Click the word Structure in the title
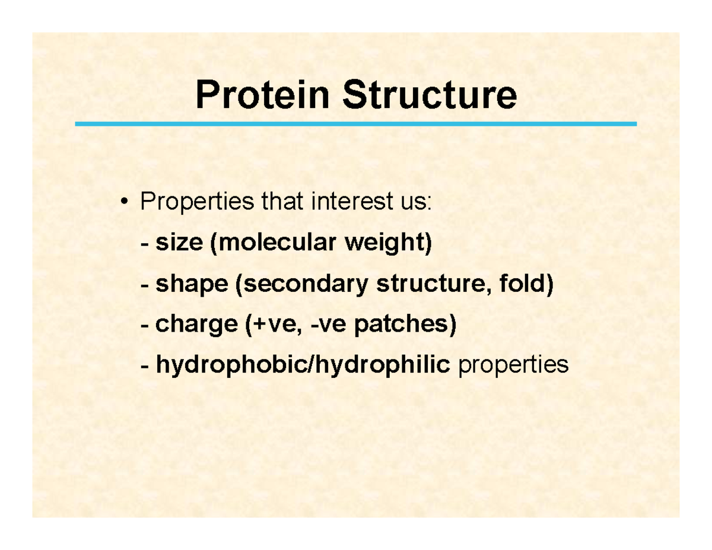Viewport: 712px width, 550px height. click(x=428, y=96)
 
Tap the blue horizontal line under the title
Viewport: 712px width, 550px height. click(x=356, y=124)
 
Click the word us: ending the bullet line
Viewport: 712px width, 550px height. click(x=412, y=204)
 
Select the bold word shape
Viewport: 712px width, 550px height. click(x=192, y=285)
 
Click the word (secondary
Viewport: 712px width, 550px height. click(x=301, y=285)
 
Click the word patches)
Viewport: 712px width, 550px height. click(x=405, y=325)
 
